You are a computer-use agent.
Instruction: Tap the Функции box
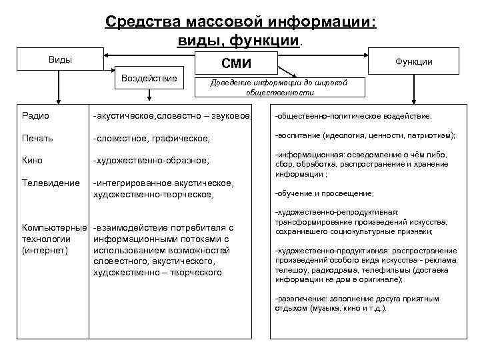click(413, 61)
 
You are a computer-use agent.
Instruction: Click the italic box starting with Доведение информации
click(279, 88)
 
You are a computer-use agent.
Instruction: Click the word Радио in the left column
click(35, 115)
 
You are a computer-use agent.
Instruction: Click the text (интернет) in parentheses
click(45, 250)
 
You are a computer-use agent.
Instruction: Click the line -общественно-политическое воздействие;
click(353, 116)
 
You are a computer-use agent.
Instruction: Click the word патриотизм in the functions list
click(429, 135)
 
